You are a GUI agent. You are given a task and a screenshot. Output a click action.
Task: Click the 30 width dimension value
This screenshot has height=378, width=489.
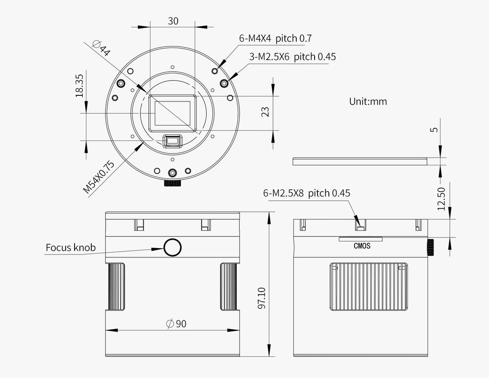[173, 21]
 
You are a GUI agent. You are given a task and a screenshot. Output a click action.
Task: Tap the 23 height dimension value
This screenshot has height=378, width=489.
[265, 112]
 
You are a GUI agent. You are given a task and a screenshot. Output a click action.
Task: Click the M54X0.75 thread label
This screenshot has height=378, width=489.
[99, 176]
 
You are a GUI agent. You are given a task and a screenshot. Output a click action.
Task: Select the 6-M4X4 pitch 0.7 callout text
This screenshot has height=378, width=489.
[275, 39]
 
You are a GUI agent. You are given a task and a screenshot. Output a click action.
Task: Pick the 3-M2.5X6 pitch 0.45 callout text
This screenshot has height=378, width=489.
[292, 57]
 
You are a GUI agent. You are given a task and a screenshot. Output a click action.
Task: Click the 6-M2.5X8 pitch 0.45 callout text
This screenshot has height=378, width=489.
[306, 193]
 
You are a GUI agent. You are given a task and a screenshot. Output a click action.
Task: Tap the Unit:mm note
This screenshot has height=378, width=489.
[368, 101]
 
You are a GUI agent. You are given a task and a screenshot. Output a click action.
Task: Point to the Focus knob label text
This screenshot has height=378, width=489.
[70, 247]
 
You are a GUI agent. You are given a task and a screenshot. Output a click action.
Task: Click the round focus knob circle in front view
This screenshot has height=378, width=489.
[172, 247]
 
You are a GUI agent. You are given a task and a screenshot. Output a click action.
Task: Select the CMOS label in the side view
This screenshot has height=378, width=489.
[362, 246]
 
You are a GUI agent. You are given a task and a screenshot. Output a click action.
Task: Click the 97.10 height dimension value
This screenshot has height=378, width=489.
[262, 298]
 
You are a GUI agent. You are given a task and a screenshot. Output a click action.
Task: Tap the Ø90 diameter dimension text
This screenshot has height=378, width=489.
[176, 324]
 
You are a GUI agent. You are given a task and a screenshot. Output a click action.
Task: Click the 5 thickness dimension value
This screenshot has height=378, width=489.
[434, 130]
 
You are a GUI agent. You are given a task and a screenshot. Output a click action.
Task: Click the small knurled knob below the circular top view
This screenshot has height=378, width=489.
[172, 183]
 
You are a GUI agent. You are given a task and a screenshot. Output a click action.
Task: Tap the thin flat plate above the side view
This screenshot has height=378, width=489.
[360, 161]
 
